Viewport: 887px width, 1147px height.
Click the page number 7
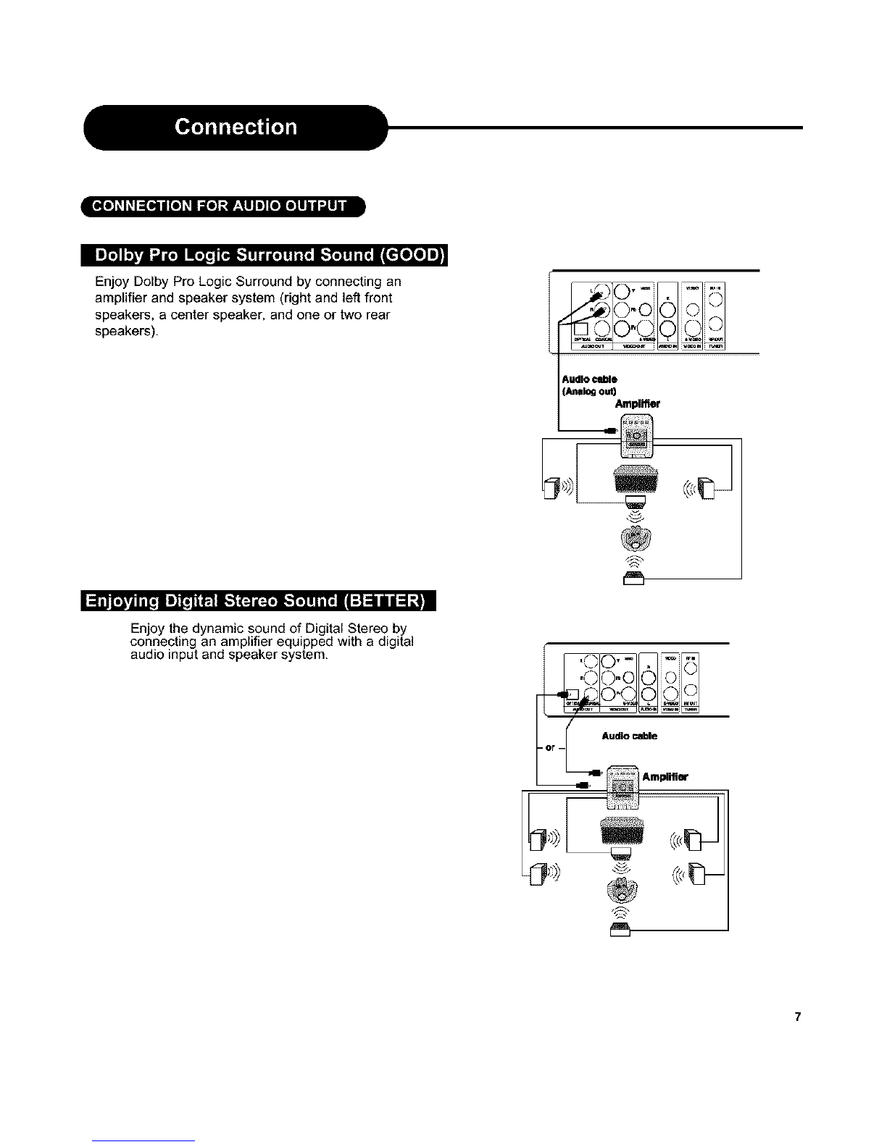point(797,1017)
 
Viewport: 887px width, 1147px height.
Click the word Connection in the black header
point(236,127)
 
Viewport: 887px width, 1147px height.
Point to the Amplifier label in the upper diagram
point(637,404)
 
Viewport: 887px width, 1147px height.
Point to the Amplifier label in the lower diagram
point(665,777)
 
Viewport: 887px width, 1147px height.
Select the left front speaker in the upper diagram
point(552,489)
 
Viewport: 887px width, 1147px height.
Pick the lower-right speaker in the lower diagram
point(697,874)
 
